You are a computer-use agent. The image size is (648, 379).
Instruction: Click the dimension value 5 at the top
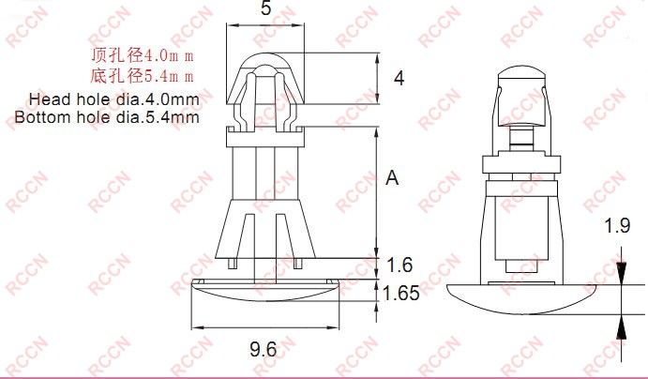(265, 11)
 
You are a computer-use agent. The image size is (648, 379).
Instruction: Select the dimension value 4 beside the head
(399, 79)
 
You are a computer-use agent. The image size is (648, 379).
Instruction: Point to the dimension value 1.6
(399, 265)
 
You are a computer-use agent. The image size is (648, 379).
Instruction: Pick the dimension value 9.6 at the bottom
(263, 350)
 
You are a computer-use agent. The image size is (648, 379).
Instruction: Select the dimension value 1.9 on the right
(616, 225)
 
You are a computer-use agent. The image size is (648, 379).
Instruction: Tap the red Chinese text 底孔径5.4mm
(141, 76)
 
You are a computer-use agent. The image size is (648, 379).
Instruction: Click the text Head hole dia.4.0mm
(113, 99)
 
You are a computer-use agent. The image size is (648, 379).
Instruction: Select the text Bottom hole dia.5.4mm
(107, 117)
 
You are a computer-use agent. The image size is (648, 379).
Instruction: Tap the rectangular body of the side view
(518, 225)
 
